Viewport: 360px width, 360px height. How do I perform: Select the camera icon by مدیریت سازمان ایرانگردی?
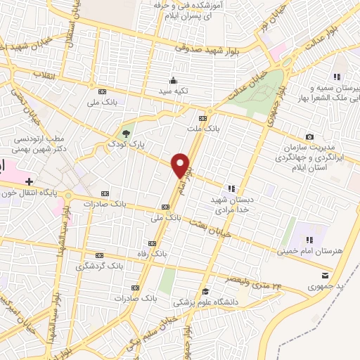click(x=309, y=136)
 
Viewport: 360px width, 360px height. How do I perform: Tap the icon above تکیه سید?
click(x=172, y=79)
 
